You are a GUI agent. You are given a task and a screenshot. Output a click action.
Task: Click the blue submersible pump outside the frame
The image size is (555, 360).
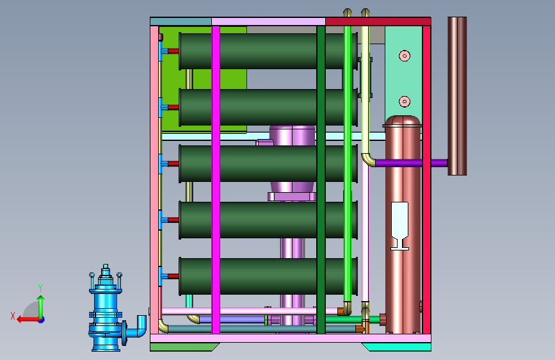pyautogui.click(x=106, y=312)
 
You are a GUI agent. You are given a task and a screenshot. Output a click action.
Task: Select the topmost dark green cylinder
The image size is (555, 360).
pyautogui.click(x=268, y=51)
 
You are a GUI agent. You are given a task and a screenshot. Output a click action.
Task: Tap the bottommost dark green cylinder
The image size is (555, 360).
pyautogui.click(x=268, y=276)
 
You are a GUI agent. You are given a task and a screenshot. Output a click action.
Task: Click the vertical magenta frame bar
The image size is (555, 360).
pyautogui.click(x=216, y=179)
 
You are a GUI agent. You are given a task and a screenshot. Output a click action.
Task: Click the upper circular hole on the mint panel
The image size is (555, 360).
pyautogui.click(x=405, y=56)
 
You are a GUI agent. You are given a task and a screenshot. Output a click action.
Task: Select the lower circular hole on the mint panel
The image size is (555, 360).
pyautogui.click(x=405, y=102)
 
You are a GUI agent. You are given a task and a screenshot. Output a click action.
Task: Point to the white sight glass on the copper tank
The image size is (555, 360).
pyautogui.click(x=399, y=225)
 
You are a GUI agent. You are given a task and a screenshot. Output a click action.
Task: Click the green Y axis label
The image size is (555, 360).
pyautogui.click(x=40, y=288)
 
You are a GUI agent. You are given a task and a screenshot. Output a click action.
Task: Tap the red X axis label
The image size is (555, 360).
pyautogui.click(x=13, y=316)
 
